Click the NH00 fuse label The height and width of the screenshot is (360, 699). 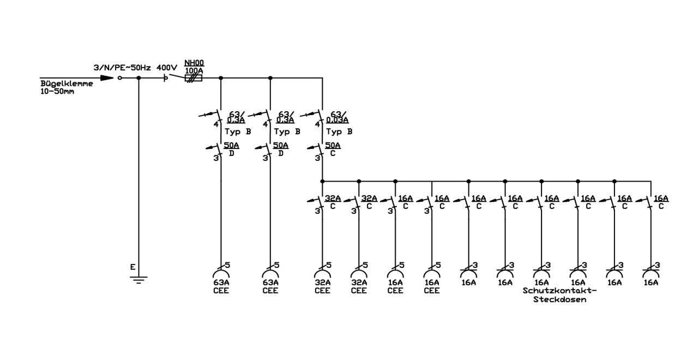[194, 63]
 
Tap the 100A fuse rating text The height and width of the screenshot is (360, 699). [194, 71]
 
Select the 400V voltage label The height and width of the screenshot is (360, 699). [167, 68]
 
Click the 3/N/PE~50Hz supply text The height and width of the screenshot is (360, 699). [122, 68]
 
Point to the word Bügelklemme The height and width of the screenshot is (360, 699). [67, 83]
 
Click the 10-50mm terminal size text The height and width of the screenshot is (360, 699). [57, 92]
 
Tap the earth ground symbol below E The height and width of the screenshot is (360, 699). [138, 280]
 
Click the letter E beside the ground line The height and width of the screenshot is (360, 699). [132, 267]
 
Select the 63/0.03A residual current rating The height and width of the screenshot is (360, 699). [338, 117]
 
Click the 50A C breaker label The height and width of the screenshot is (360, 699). [333, 149]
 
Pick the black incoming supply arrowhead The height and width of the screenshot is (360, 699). [107, 78]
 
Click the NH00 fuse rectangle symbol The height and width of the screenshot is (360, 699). [194, 78]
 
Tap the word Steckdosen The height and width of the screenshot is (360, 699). [559, 300]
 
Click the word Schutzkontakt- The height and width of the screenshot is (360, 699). [559, 291]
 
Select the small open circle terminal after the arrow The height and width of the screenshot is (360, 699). [120, 78]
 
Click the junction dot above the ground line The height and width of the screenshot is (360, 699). [138, 78]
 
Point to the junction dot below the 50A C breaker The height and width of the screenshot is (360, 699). [322, 181]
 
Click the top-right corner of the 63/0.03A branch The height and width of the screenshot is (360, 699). [322, 78]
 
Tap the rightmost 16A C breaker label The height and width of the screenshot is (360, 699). [661, 202]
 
